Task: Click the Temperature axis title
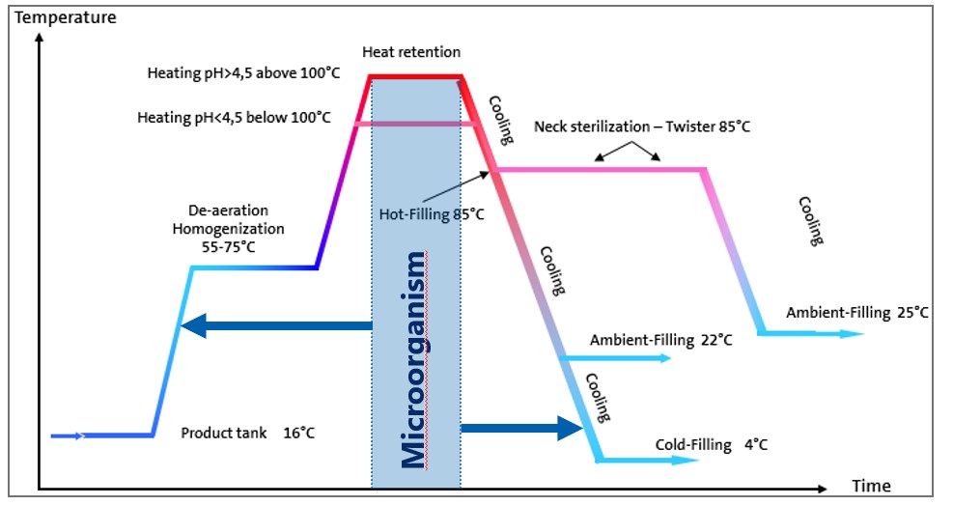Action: point(65,17)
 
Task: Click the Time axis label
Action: point(871,486)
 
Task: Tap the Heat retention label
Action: point(411,52)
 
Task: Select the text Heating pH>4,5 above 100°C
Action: point(243,73)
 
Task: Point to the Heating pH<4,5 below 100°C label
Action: point(234,117)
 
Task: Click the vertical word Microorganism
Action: point(414,360)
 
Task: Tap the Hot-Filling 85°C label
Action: point(432,214)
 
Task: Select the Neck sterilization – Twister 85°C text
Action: point(642,127)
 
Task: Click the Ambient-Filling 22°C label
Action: point(660,340)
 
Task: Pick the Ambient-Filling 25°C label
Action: point(857,313)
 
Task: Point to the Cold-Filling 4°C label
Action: point(711,445)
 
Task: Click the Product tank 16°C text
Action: point(248,434)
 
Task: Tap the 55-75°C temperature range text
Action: point(229,247)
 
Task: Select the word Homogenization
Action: point(229,229)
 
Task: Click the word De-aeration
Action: point(229,210)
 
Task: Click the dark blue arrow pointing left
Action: point(276,325)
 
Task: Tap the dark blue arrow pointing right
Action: point(522,429)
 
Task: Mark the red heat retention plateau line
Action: point(416,76)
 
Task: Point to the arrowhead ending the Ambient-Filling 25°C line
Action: point(851,334)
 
